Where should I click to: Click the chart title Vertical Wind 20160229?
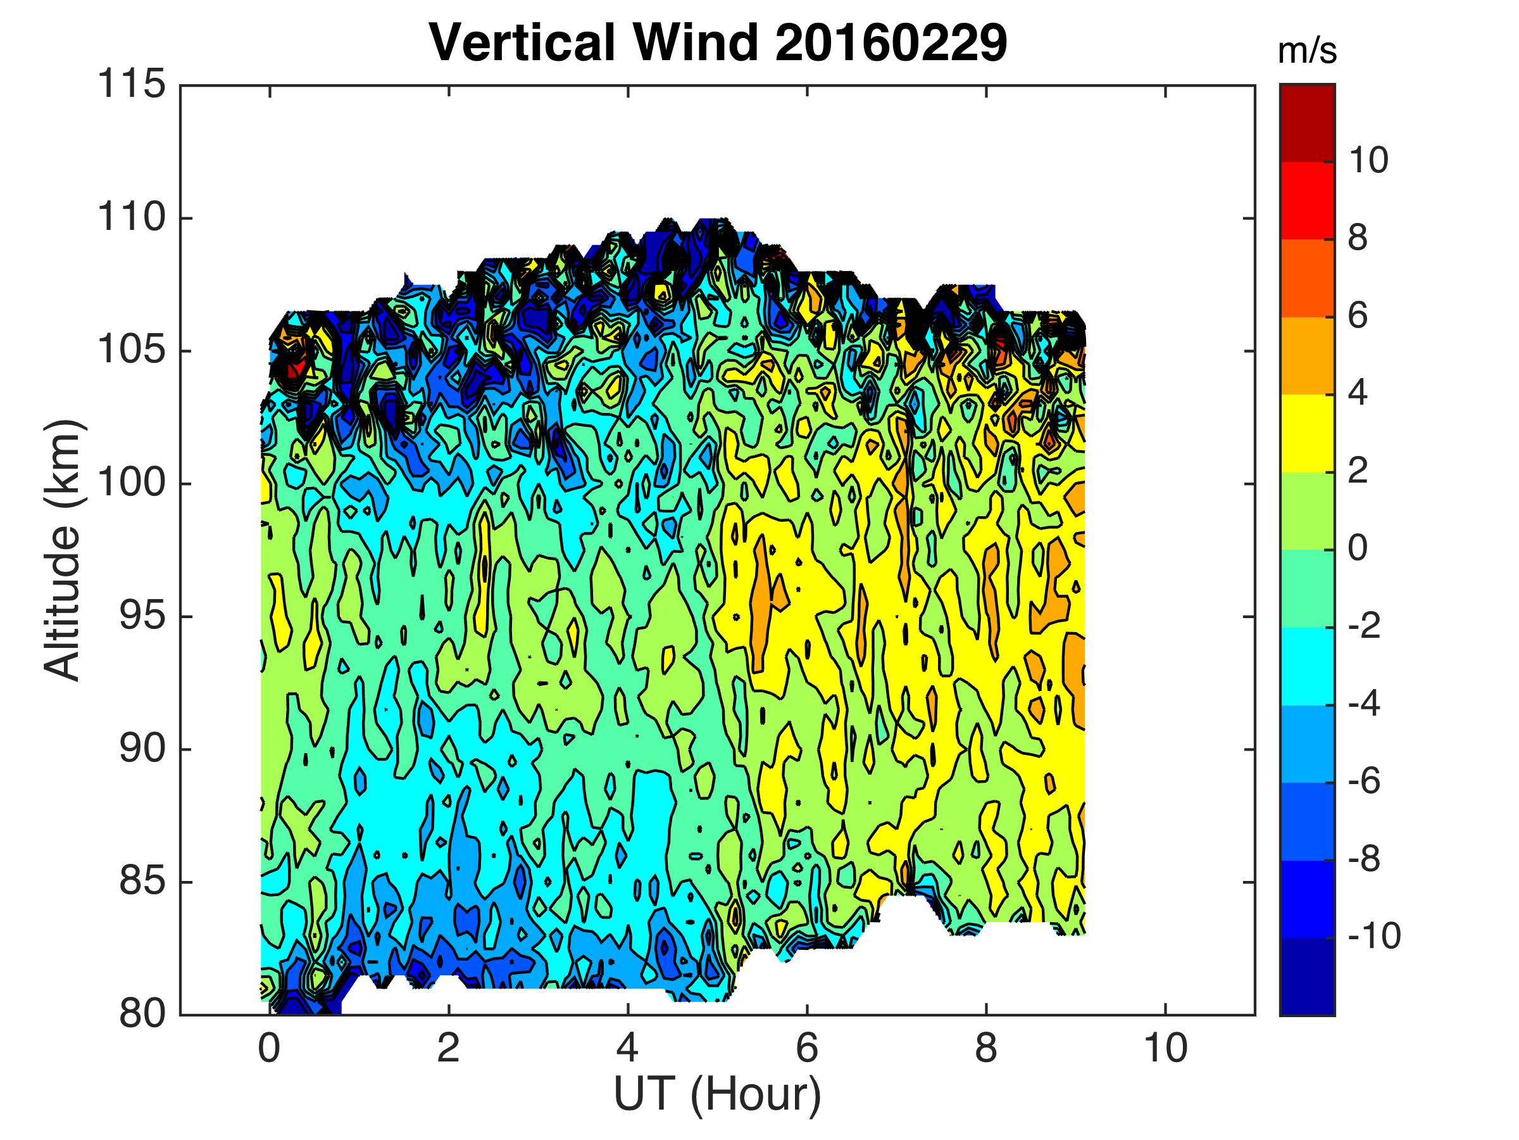pos(718,42)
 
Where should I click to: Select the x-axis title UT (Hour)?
pos(717,1094)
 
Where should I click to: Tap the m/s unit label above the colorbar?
pos(1307,52)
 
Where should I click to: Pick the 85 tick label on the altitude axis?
pos(143,882)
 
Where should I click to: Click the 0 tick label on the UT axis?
pos(269,1049)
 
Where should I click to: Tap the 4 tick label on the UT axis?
pos(628,1049)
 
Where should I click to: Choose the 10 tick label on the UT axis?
pos(1165,1049)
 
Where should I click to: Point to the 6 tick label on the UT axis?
pos(807,1049)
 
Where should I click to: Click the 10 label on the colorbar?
pos(1368,161)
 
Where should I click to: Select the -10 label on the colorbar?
pos(1373,937)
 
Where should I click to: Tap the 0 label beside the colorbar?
pos(1358,549)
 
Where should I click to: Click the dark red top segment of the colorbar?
pos(1307,123)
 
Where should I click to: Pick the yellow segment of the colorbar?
pos(1307,433)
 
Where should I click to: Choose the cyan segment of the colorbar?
pos(1307,666)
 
